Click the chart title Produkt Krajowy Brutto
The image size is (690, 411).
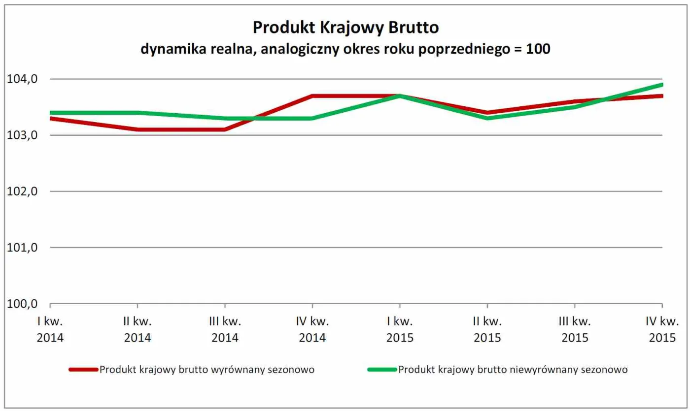pos(345,28)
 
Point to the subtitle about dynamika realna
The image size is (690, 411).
pos(345,49)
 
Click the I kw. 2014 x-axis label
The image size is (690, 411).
pos(50,330)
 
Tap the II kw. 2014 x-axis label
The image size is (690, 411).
pos(138,330)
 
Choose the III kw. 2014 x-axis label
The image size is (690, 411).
pos(225,330)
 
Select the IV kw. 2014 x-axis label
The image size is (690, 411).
pos(312,330)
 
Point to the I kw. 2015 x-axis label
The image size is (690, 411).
pos(400,330)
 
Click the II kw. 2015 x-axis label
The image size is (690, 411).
pos(487,330)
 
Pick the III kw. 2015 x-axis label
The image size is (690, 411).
pos(575,330)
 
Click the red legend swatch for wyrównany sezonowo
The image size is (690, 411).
pos(84,370)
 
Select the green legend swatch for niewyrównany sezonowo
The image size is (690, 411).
pos(382,370)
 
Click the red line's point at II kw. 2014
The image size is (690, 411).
pos(138,129)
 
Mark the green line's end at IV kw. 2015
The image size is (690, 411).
pos(661,85)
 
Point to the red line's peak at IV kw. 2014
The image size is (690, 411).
pos(312,96)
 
